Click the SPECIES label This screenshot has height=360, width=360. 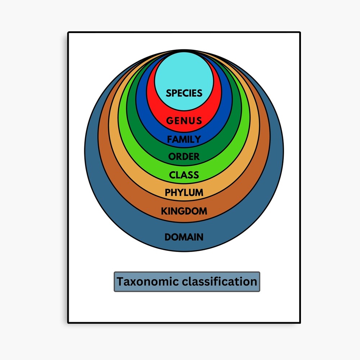[184, 93]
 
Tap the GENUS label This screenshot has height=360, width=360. [184, 121]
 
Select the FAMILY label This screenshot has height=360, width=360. [184, 139]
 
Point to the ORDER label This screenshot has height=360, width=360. [184, 157]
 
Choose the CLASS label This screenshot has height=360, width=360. [184, 175]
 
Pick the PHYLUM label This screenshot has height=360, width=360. [184, 193]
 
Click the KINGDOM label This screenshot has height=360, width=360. [184, 211]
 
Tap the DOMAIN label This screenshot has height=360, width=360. [184, 237]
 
